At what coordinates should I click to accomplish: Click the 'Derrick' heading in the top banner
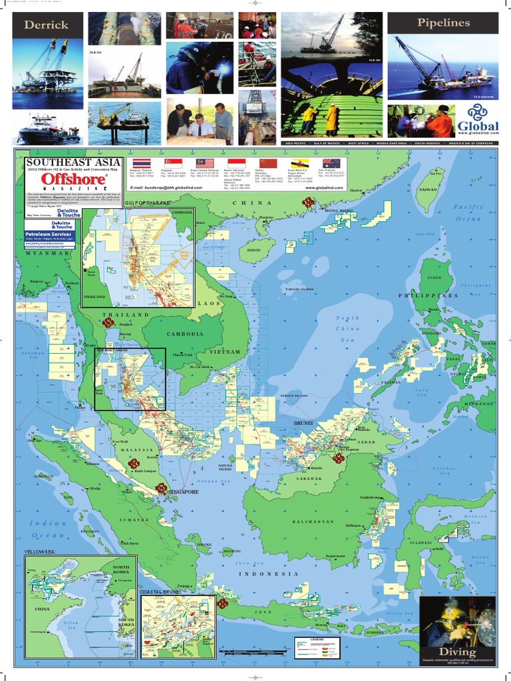click(46, 25)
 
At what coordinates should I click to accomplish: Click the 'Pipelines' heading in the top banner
click(443, 23)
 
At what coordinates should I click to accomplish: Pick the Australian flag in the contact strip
click(331, 163)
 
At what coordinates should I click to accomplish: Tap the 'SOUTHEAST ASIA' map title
click(73, 162)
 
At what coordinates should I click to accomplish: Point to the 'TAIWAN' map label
click(427, 190)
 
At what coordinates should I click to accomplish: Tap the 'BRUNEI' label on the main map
click(303, 422)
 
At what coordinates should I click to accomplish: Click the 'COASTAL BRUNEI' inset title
click(160, 591)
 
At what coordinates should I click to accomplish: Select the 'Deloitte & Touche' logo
click(65, 213)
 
